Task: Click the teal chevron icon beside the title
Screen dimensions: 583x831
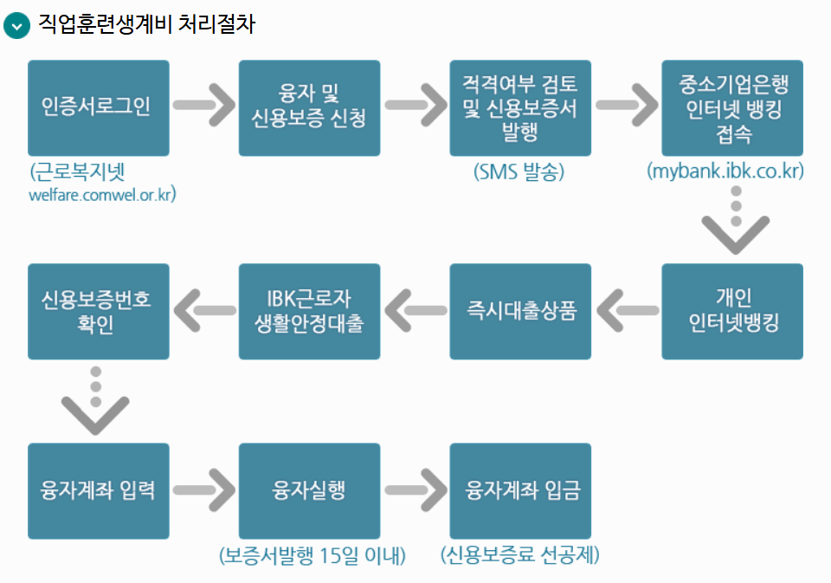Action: coord(16,25)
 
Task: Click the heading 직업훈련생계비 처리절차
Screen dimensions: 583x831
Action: coord(146,24)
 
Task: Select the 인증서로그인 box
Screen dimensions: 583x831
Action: coord(98,107)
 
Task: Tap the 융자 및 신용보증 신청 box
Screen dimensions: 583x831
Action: coord(309,107)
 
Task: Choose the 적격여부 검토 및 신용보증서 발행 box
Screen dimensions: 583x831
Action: coord(520,107)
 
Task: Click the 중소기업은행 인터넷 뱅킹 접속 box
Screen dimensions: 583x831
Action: coord(731,107)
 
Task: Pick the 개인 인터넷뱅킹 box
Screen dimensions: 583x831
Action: coord(731,311)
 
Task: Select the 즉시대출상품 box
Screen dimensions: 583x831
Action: coord(520,311)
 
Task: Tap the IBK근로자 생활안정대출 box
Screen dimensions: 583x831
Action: coord(309,311)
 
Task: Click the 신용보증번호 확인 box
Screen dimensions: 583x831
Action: coord(98,311)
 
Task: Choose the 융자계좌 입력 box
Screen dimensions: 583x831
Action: coord(98,490)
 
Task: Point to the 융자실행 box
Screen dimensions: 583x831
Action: coord(309,490)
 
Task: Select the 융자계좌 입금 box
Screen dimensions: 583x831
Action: coord(520,490)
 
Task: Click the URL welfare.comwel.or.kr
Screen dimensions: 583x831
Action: coord(102,194)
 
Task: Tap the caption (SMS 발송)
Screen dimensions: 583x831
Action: coord(519,172)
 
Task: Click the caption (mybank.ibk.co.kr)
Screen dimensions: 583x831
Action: coord(725,172)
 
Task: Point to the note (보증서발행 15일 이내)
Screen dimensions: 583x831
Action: coord(312,555)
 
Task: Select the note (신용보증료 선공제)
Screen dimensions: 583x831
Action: coord(520,555)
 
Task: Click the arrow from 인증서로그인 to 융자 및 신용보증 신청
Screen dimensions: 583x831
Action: coord(204,106)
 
